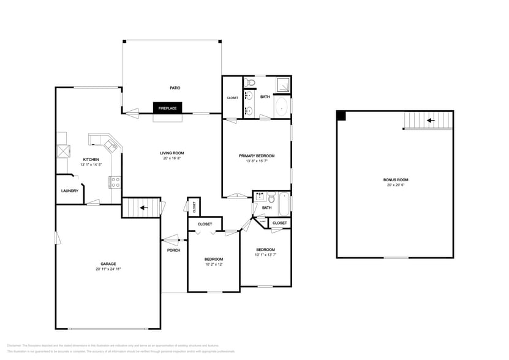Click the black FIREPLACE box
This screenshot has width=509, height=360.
tap(167, 108)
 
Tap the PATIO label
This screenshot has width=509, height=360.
tap(175, 88)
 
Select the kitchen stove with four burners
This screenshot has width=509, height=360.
tap(114, 181)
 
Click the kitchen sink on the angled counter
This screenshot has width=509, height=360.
tap(110, 145)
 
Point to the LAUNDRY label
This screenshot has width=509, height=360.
tap(69, 191)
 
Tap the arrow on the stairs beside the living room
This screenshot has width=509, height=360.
tap(143, 208)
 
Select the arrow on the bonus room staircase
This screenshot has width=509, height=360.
tap(430, 121)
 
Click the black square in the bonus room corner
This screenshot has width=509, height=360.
tap(342, 115)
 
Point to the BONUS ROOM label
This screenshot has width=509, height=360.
tap(395, 180)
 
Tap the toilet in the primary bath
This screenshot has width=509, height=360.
tap(251, 83)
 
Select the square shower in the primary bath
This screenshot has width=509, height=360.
tap(283, 84)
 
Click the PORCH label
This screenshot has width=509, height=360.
tap(173, 250)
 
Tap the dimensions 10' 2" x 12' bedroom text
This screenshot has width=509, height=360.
tap(213, 264)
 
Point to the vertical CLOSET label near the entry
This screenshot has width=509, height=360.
tap(194, 206)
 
